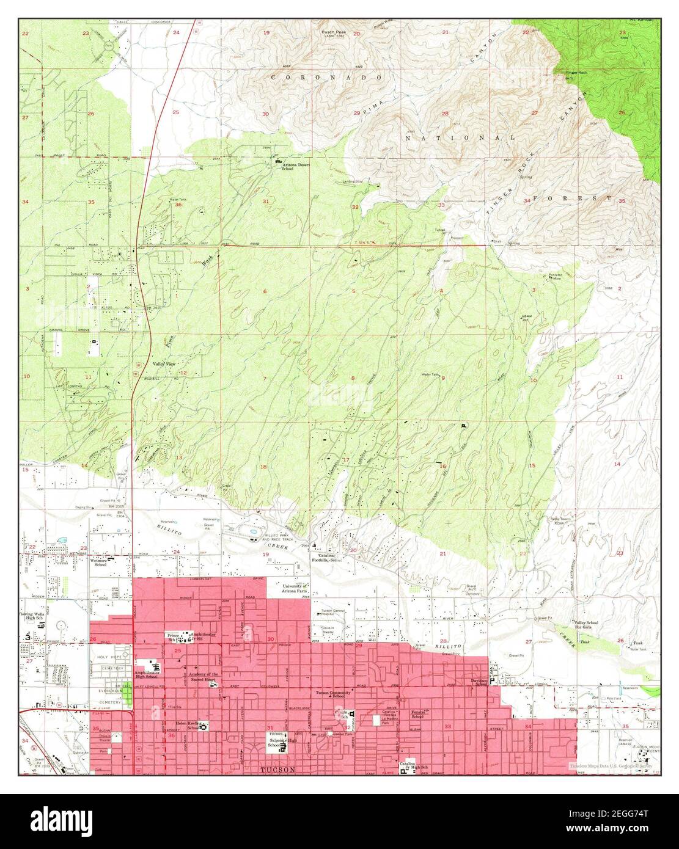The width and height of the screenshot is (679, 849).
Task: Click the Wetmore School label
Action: [x=98, y=561]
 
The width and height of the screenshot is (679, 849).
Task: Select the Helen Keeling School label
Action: [x=188, y=724]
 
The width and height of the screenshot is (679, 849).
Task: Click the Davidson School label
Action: [x=479, y=682]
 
